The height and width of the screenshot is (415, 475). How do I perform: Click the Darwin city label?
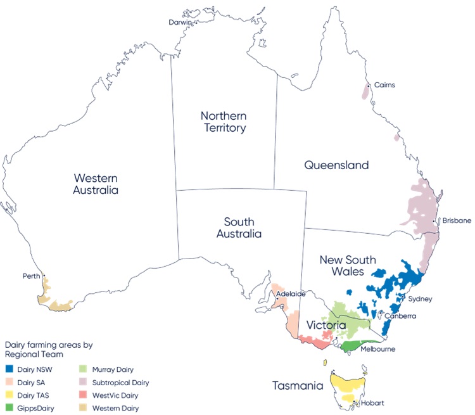click(180, 22)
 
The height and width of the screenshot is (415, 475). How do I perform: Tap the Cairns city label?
click(384, 85)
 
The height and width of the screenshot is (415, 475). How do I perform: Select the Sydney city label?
click(419, 298)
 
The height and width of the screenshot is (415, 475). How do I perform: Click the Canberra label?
click(400, 316)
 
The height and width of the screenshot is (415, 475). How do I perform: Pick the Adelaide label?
click(291, 294)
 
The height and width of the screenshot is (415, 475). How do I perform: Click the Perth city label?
click(30, 276)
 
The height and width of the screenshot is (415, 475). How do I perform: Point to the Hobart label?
click(373, 404)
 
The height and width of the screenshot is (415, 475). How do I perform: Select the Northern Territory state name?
click(223, 122)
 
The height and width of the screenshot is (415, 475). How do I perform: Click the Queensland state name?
click(336, 165)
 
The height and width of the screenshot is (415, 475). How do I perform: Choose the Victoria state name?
click(326, 325)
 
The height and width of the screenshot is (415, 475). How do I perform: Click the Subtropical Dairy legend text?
click(120, 383)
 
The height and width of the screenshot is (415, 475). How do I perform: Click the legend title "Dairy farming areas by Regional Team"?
click(49, 350)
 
